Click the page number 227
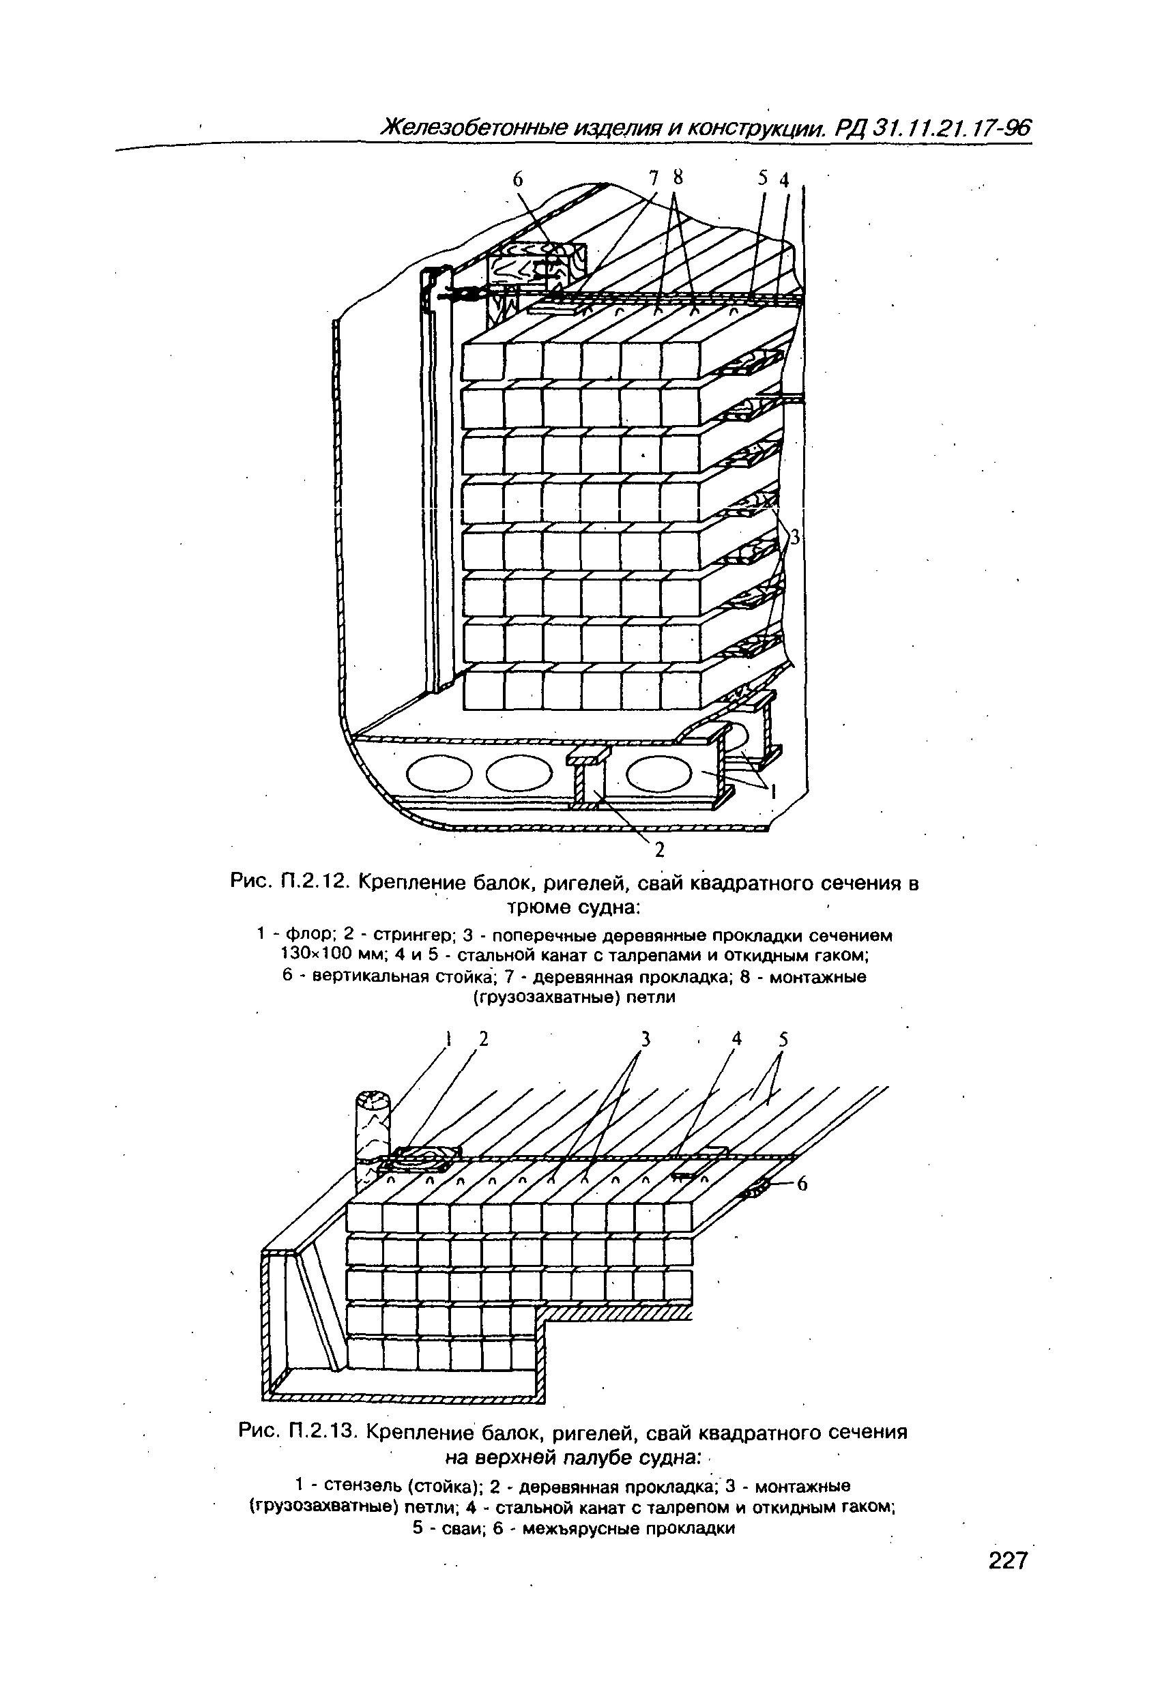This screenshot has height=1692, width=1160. [1007, 1561]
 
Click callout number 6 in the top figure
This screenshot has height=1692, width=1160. [518, 180]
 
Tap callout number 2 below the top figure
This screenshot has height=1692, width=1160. [659, 849]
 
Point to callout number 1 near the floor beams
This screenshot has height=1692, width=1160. [773, 793]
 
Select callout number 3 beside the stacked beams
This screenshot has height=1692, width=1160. [795, 538]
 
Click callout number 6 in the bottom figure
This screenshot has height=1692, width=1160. [802, 1184]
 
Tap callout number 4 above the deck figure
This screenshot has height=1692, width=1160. [737, 1040]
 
